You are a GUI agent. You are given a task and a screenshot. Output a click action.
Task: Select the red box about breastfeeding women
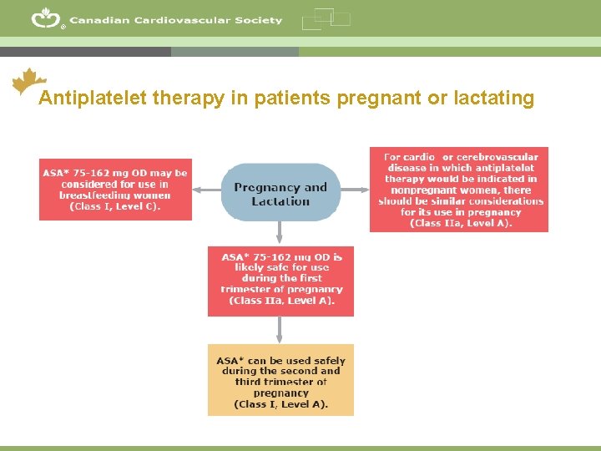[x=115, y=190]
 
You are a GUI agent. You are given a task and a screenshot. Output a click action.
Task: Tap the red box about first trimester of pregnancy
[x=280, y=281]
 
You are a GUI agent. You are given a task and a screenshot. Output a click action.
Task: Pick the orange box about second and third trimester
[x=280, y=379]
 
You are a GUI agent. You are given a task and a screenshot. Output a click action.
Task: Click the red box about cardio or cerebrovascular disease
[x=459, y=190]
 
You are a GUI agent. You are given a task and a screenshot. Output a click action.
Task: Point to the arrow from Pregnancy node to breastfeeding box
[x=207, y=190]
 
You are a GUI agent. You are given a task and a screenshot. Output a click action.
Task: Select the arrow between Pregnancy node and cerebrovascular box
[x=355, y=190]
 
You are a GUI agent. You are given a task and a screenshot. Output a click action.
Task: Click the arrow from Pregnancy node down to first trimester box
[x=280, y=233]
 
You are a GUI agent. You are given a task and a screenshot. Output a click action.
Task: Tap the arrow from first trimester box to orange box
[x=280, y=330]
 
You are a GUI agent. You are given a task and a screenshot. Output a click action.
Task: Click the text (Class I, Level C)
[x=115, y=206]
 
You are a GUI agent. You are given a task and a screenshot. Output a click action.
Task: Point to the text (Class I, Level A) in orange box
[x=280, y=404]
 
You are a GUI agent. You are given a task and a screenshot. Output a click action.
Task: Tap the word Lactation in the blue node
[x=280, y=201]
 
